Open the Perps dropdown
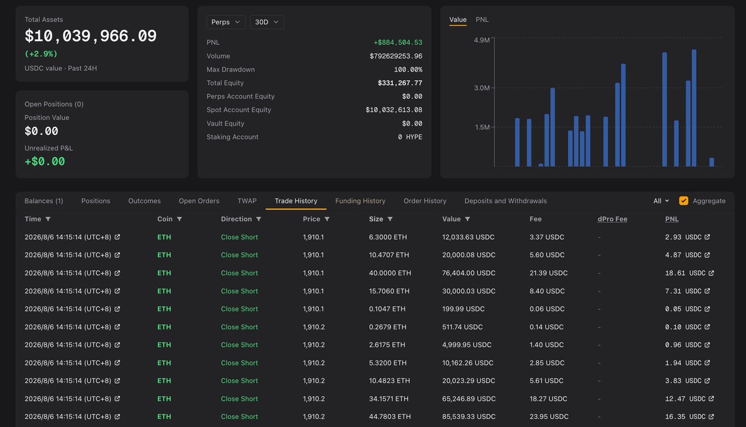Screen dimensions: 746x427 click(226, 22)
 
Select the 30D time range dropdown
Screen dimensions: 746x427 click(267, 22)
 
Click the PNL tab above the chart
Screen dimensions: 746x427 click(482, 20)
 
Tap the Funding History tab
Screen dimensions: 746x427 click(360, 201)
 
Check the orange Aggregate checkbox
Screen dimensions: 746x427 click(683, 201)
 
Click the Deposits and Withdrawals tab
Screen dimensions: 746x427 click(505, 201)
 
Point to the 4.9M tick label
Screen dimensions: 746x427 click(482, 40)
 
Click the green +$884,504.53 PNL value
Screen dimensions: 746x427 click(398, 42)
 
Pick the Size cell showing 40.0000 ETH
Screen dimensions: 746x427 click(390, 273)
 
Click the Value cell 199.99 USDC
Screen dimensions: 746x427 click(463, 309)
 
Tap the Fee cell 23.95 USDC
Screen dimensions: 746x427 click(549, 416)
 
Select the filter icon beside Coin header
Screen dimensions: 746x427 click(179, 219)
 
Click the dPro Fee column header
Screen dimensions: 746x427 click(612, 219)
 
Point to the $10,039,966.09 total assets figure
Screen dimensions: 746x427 click(91, 36)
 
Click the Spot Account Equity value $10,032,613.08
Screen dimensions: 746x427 click(394, 110)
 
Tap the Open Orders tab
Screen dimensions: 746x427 click(199, 201)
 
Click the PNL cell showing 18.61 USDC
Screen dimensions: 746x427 click(685, 273)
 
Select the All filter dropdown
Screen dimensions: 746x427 click(661, 201)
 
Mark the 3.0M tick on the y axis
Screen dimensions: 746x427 click(482, 88)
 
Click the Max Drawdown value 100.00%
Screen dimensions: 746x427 click(408, 70)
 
